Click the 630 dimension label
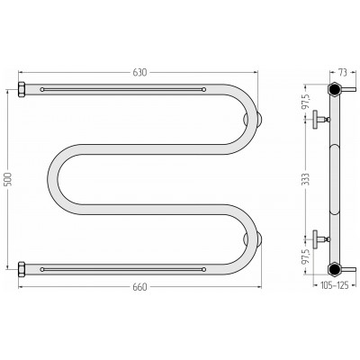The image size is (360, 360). point(139,72)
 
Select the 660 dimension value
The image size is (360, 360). point(139,287)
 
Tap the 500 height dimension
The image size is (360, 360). point(8,179)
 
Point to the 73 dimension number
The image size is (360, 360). point(343,72)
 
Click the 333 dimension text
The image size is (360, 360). point(305,179)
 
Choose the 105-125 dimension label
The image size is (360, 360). point(335,285)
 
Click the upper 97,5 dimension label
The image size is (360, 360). point(306,102)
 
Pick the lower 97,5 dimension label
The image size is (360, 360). point(306,256)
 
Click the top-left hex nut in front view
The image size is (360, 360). point(22,89)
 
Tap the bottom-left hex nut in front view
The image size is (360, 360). point(22,269)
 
